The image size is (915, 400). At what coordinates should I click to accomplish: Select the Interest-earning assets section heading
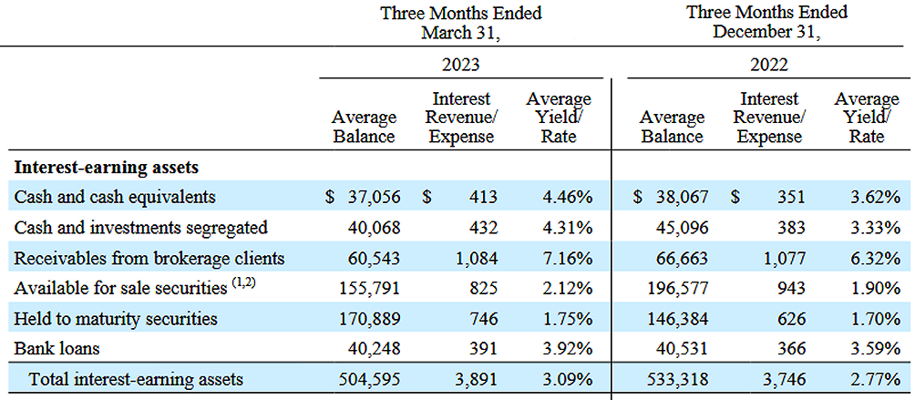[107, 168]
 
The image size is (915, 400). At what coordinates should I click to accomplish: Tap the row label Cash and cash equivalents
[114, 197]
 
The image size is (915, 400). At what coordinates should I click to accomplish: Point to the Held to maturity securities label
[116, 319]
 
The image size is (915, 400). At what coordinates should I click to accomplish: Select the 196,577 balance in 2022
[674, 289]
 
